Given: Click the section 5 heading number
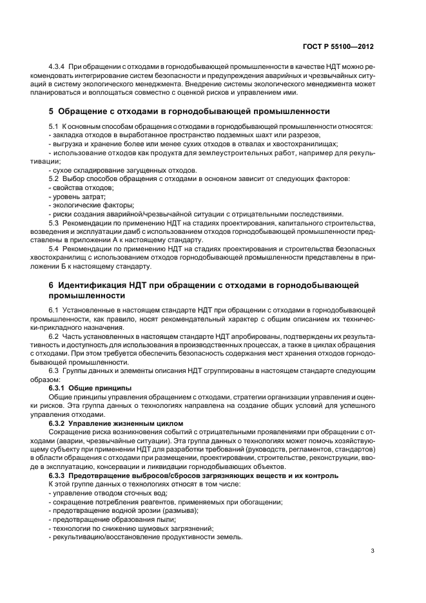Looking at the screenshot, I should [52, 111].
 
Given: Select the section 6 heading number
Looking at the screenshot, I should [52, 284].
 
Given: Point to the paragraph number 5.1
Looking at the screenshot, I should [54, 126].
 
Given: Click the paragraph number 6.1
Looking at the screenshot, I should [54, 311].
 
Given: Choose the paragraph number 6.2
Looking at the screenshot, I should [54, 337].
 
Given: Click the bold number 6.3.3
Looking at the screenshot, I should [59, 475].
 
